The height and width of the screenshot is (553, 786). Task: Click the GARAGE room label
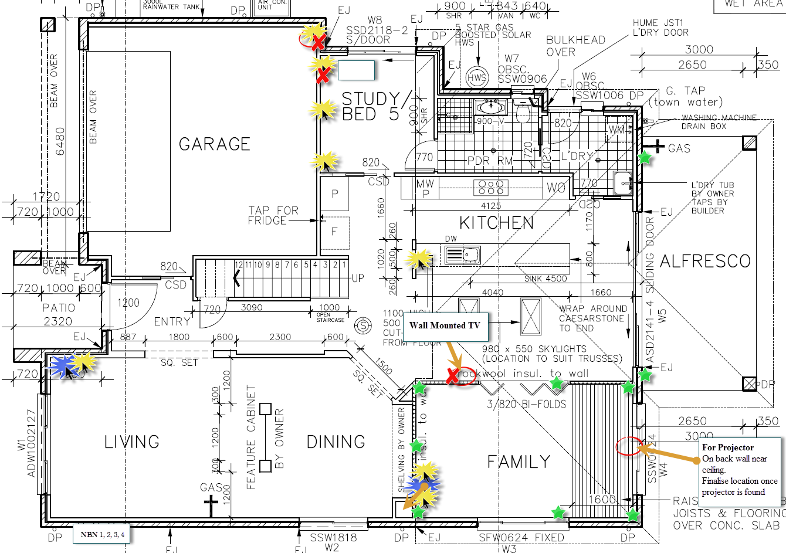(215, 144)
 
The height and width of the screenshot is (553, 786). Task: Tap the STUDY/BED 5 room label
(371, 106)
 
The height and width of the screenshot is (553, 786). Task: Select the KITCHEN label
(496, 223)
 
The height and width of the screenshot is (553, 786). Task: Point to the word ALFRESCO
(705, 262)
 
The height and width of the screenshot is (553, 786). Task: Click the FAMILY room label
(519, 462)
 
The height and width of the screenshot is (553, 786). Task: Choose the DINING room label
(336, 442)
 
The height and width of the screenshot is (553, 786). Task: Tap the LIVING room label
(131, 442)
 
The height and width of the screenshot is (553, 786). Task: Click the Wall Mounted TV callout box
(445, 325)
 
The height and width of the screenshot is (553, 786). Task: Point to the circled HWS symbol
(477, 77)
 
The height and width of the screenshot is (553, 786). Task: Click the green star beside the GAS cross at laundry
(645, 157)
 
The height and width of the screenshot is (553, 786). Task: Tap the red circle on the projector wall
(627, 446)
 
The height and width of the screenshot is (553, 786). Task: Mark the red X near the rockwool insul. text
(452, 376)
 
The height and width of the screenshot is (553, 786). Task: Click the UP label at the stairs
(358, 278)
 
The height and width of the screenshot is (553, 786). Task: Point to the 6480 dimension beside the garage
(61, 141)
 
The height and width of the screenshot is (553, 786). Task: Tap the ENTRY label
(172, 321)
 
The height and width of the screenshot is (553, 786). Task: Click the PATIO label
(59, 308)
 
